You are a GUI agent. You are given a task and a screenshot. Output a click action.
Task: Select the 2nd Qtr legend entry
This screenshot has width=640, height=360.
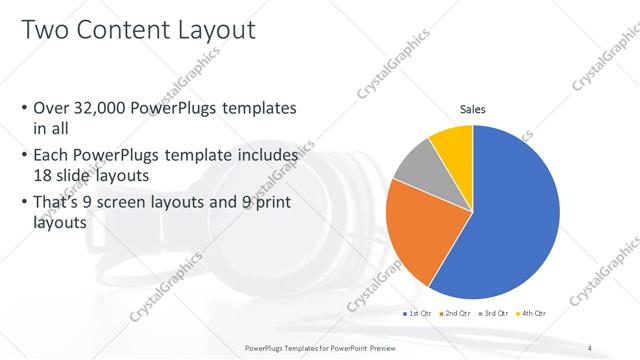(x=458, y=313)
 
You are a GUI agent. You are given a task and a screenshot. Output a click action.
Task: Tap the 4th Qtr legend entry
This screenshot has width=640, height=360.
(x=534, y=313)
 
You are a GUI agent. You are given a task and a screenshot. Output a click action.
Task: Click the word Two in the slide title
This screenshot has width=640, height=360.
(x=46, y=31)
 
